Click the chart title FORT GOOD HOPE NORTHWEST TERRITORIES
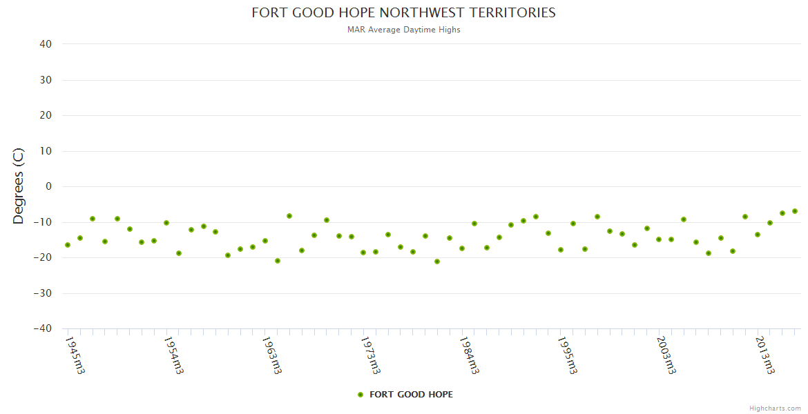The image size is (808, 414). (403, 12)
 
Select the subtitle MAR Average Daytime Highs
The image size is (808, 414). (403, 30)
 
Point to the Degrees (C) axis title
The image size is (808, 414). (19, 186)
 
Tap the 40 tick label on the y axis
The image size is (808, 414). (46, 44)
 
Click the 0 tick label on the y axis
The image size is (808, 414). (48, 186)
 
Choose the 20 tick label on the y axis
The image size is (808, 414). (46, 115)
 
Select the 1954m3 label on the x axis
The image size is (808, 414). (173, 355)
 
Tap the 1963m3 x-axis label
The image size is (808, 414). (271, 355)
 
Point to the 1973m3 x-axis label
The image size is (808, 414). (370, 355)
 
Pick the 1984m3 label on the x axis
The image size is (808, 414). (469, 355)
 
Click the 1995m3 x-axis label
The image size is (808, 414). (567, 355)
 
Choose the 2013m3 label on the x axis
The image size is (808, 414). (764, 355)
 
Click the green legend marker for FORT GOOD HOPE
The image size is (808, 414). (360, 395)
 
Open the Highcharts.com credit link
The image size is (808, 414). (775, 408)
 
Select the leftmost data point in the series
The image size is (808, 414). (68, 245)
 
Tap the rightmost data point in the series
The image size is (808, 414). (795, 211)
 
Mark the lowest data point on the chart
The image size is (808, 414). (437, 262)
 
